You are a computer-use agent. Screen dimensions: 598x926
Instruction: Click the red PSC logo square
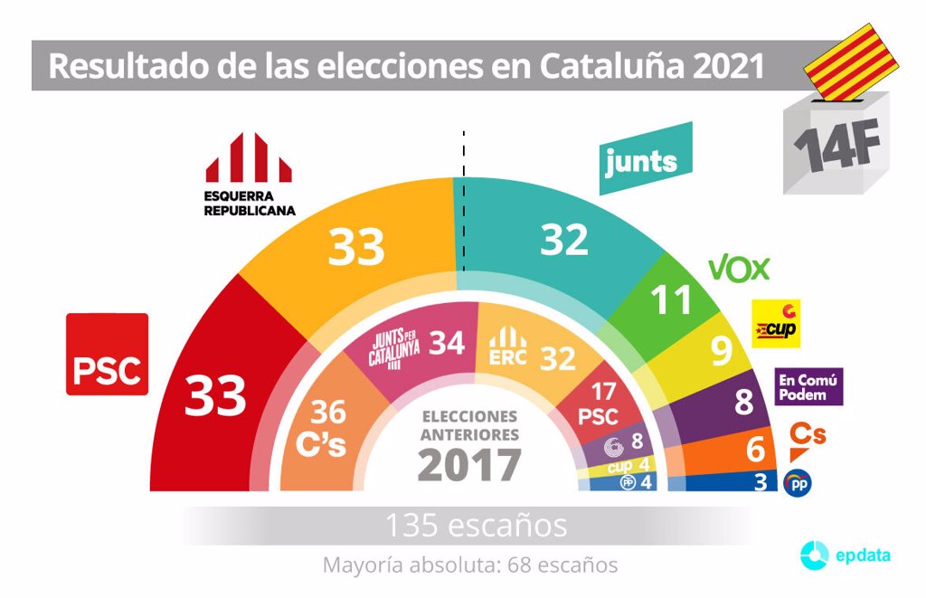point(107,355)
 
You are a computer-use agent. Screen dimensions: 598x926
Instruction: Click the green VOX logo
point(739,269)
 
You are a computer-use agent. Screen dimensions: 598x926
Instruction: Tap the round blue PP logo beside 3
point(797,482)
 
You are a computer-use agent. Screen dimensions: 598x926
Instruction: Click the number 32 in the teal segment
point(565,240)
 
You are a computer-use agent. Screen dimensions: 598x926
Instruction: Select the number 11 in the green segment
point(672,300)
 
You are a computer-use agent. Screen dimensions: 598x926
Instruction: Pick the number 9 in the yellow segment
point(721,352)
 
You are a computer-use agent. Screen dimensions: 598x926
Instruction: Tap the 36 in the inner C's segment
point(328,413)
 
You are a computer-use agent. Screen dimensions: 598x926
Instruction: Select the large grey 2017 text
point(469,466)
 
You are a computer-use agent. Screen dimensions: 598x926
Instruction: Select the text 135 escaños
point(477,525)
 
